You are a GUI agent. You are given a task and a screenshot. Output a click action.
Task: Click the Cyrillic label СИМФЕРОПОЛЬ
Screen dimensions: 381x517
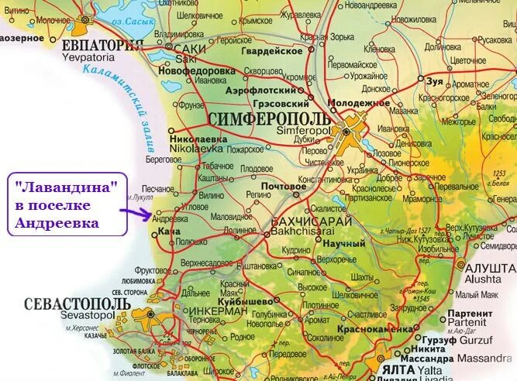point(269,118)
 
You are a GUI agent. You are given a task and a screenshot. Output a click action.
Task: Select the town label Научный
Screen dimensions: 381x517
point(343,244)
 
